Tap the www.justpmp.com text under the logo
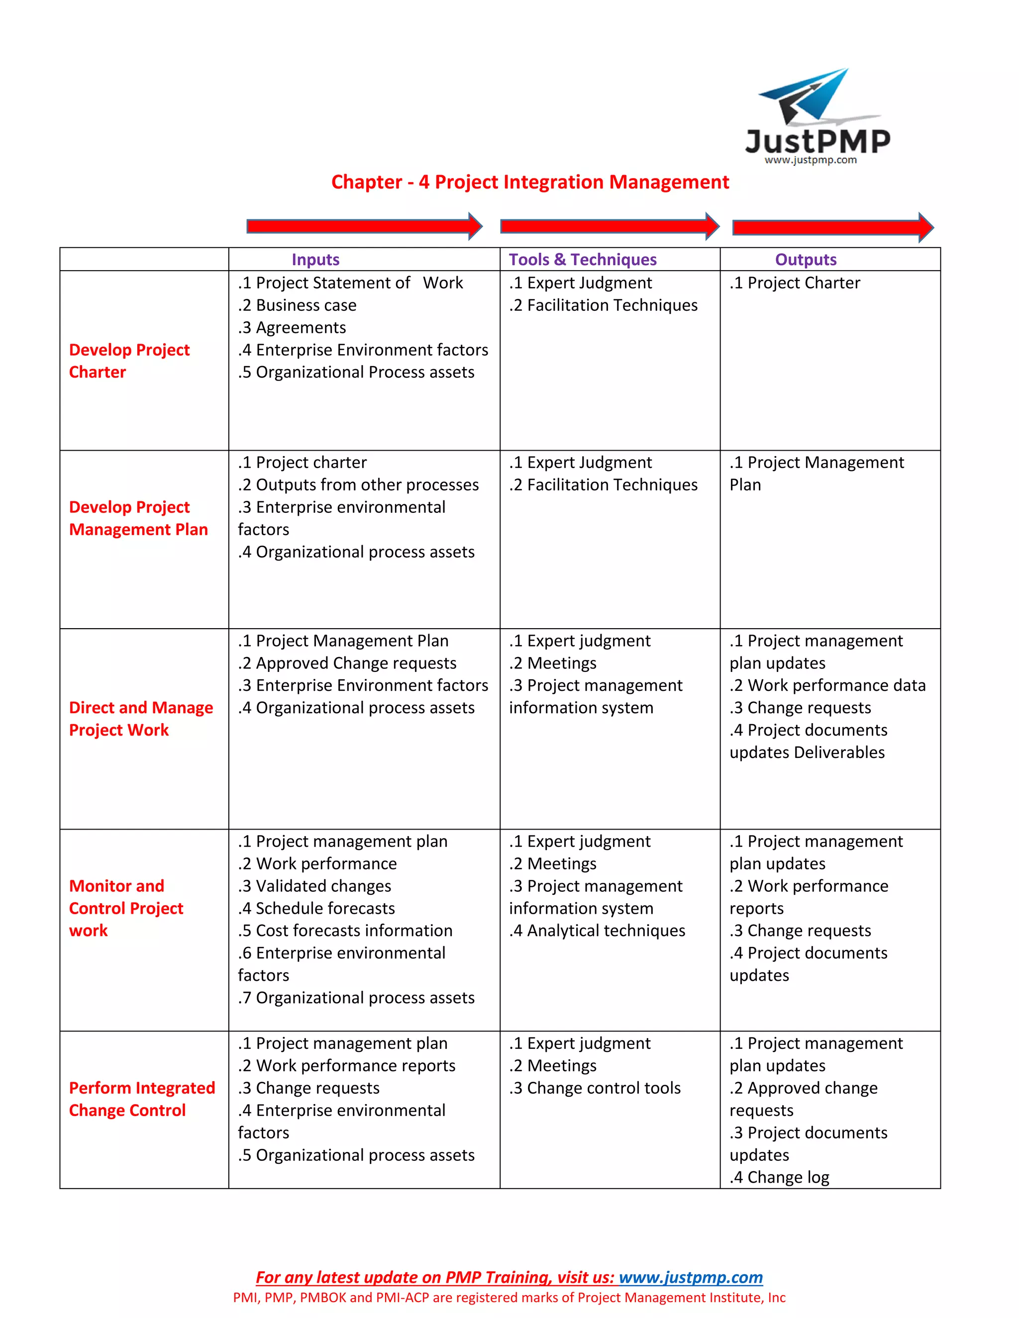tap(810, 161)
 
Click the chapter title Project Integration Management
tap(530, 182)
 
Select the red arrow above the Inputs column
tap(364, 226)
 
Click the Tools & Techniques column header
tap(583, 260)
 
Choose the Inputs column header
tap(315, 260)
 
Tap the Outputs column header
tap(806, 260)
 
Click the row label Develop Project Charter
tap(129, 361)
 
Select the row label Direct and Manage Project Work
tap(141, 719)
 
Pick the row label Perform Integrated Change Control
tap(142, 1099)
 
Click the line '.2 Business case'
tap(297, 305)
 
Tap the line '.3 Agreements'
tap(292, 328)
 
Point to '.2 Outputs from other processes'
tap(358, 485)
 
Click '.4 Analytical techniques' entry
tap(597, 931)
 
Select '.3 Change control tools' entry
tap(595, 1088)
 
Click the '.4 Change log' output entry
tap(779, 1177)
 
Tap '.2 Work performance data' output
tap(827, 685)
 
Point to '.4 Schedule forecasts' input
tap(316, 908)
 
